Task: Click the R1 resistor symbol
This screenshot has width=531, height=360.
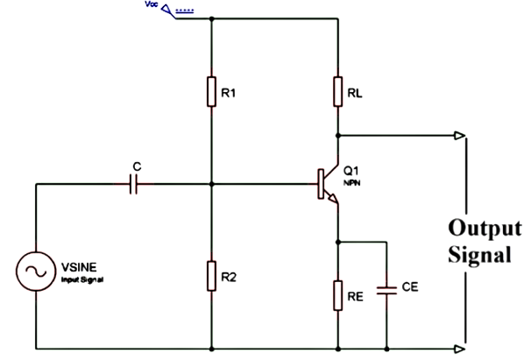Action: pyautogui.click(x=211, y=92)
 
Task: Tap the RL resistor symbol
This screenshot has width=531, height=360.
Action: pyautogui.click(x=337, y=91)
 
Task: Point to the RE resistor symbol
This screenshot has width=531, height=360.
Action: pyautogui.click(x=337, y=293)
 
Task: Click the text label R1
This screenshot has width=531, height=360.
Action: pyautogui.click(x=230, y=92)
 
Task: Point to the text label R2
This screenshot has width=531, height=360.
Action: pyautogui.click(x=230, y=277)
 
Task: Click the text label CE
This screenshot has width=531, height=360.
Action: pyautogui.click(x=408, y=286)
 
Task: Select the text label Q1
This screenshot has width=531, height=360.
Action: pyautogui.click(x=351, y=170)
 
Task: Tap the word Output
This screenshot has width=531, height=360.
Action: pyautogui.click(x=478, y=229)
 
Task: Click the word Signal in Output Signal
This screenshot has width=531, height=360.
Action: pyautogui.click(x=478, y=257)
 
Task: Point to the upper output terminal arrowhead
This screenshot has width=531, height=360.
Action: pyautogui.click(x=461, y=136)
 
